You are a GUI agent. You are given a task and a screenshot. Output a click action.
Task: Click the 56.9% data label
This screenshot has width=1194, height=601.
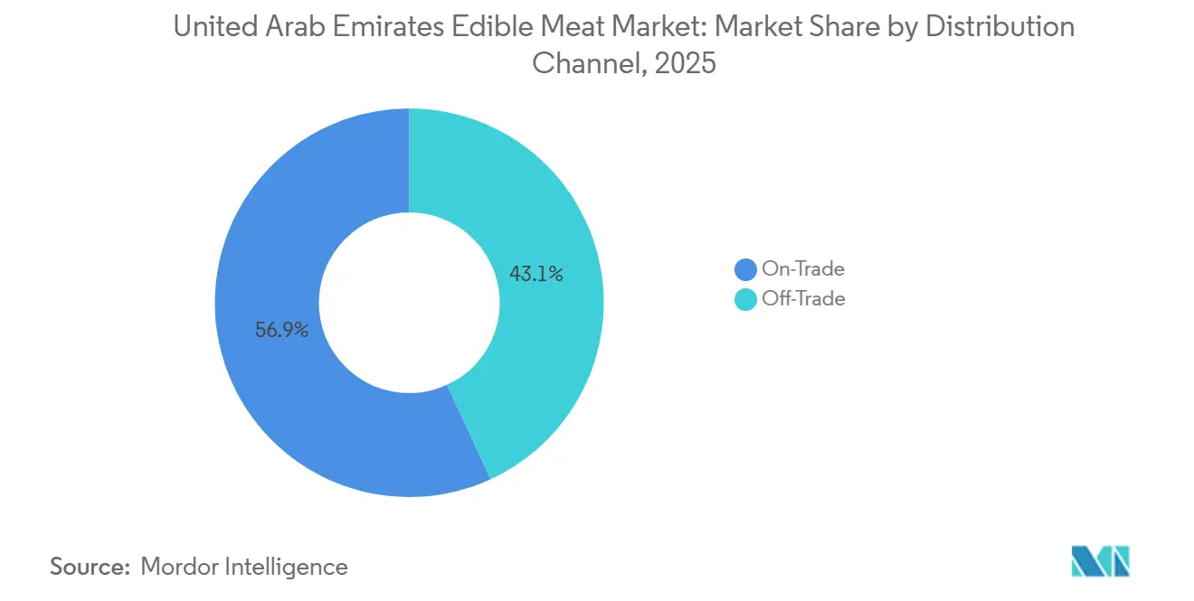click(281, 330)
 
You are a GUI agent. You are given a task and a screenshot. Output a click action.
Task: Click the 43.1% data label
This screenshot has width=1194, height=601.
click(536, 274)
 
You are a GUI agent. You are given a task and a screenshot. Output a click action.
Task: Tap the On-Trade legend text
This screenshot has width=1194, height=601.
click(803, 268)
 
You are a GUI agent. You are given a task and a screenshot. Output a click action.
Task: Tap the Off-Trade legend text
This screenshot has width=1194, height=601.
click(803, 299)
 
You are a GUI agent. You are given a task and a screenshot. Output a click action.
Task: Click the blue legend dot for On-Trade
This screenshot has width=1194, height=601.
click(746, 269)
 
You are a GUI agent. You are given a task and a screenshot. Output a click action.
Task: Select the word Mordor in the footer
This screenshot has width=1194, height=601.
click(182, 567)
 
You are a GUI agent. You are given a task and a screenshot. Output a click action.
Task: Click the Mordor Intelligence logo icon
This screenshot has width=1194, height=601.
click(1100, 561)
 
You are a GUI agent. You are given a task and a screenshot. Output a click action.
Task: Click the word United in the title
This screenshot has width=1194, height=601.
click(212, 27)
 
